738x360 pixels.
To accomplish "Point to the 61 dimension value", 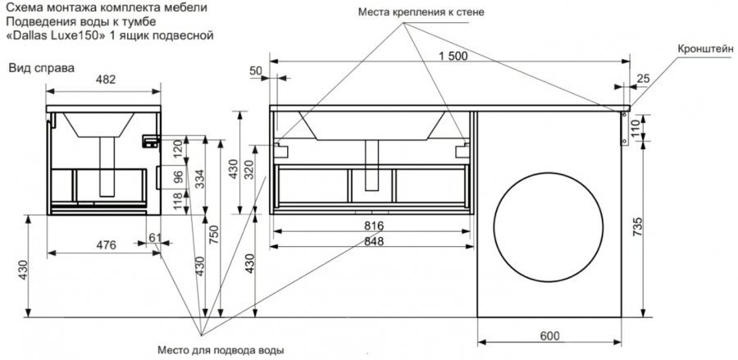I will pos(154,238).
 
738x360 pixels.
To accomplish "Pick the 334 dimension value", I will pos(199,179).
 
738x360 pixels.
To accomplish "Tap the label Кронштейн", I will pos(706,49).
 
